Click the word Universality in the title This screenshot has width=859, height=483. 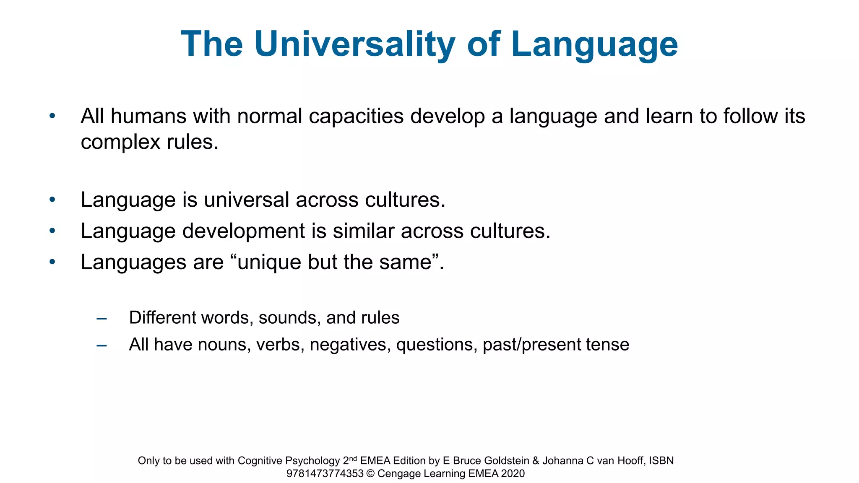(354, 44)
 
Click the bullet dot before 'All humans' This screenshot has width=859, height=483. (52, 116)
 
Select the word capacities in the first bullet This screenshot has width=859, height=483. (356, 117)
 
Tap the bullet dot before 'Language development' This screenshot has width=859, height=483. (52, 231)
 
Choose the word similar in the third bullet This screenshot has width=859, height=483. (364, 231)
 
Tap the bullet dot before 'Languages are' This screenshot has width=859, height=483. (52, 262)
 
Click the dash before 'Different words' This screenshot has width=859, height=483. (102, 318)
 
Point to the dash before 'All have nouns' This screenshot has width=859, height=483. (102, 345)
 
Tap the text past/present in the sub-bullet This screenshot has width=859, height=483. (531, 345)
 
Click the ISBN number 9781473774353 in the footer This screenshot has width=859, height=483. (325, 474)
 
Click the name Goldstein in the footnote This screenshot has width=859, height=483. (506, 461)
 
